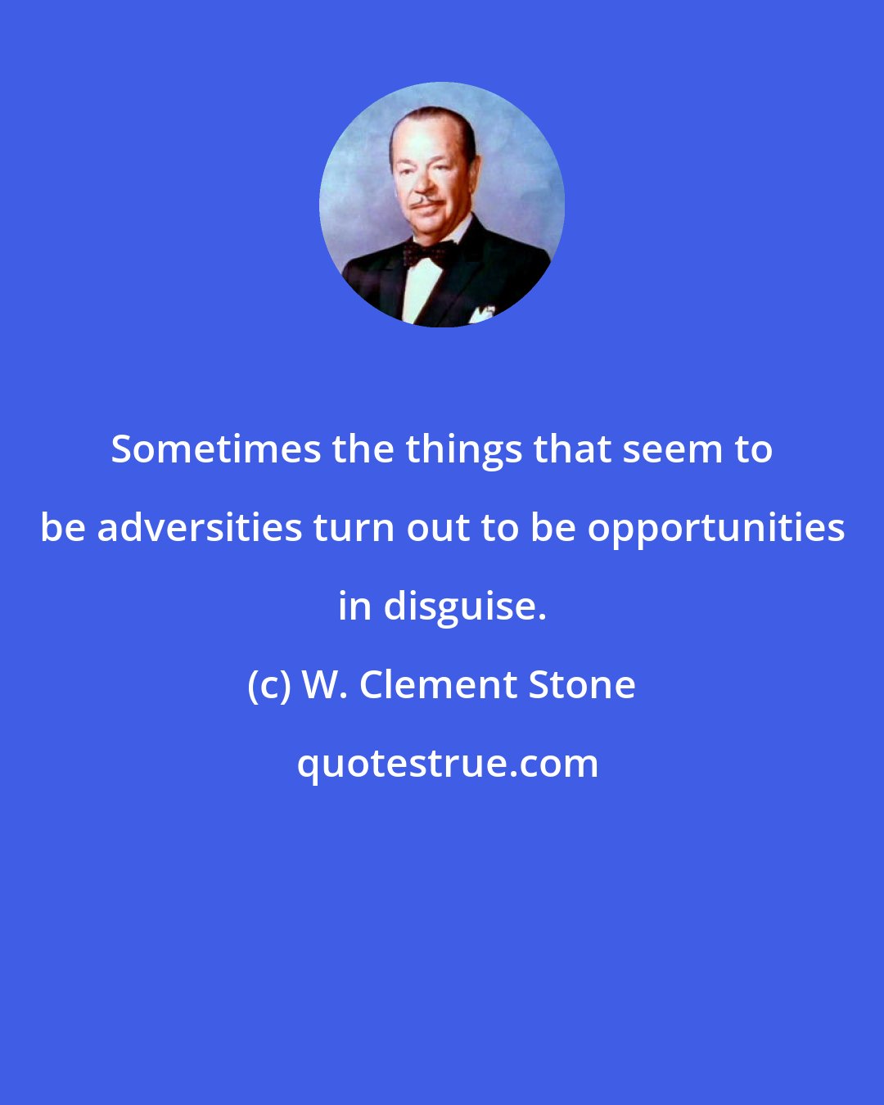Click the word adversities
coord(200,527)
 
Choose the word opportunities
coord(716,529)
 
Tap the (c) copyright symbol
coord(269,685)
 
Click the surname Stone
coord(582,684)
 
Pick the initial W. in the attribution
coord(325,684)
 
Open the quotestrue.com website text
coord(447,764)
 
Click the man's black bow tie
coord(426,253)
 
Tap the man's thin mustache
coord(425,201)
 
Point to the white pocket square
coord(481,313)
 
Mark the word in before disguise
coord(355,607)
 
